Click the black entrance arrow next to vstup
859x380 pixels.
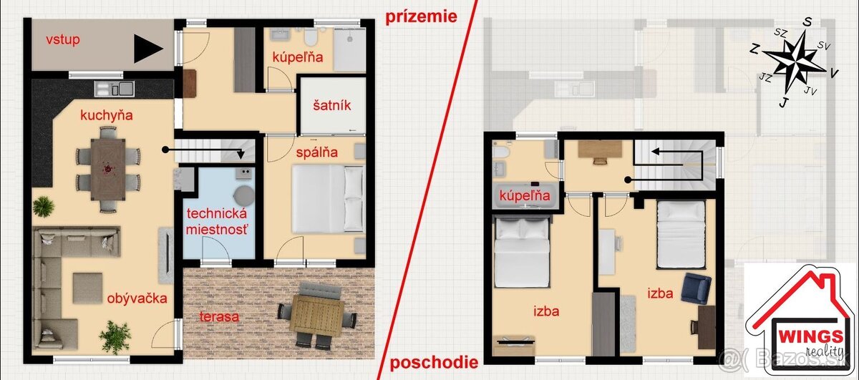pos(147,49)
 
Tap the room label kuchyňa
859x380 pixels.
pos(106,115)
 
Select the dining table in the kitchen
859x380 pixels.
pos(108,169)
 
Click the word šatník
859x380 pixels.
pos(331,105)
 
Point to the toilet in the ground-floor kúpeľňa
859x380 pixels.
pos(311,36)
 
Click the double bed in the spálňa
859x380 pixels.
pos(328,199)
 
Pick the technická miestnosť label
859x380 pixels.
pos(217,221)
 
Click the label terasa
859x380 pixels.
pos(219,316)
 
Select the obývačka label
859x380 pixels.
pos(137,298)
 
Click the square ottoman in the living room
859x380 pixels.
pos(87,288)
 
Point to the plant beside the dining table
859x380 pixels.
pos(43,206)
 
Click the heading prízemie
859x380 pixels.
pos(421,17)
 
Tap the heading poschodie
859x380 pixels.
pos(434,362)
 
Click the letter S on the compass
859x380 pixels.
pos(807,23)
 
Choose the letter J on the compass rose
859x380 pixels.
pos(785,102)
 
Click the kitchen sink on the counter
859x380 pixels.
pos(115,89)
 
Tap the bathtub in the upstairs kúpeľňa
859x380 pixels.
pos(525,197)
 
